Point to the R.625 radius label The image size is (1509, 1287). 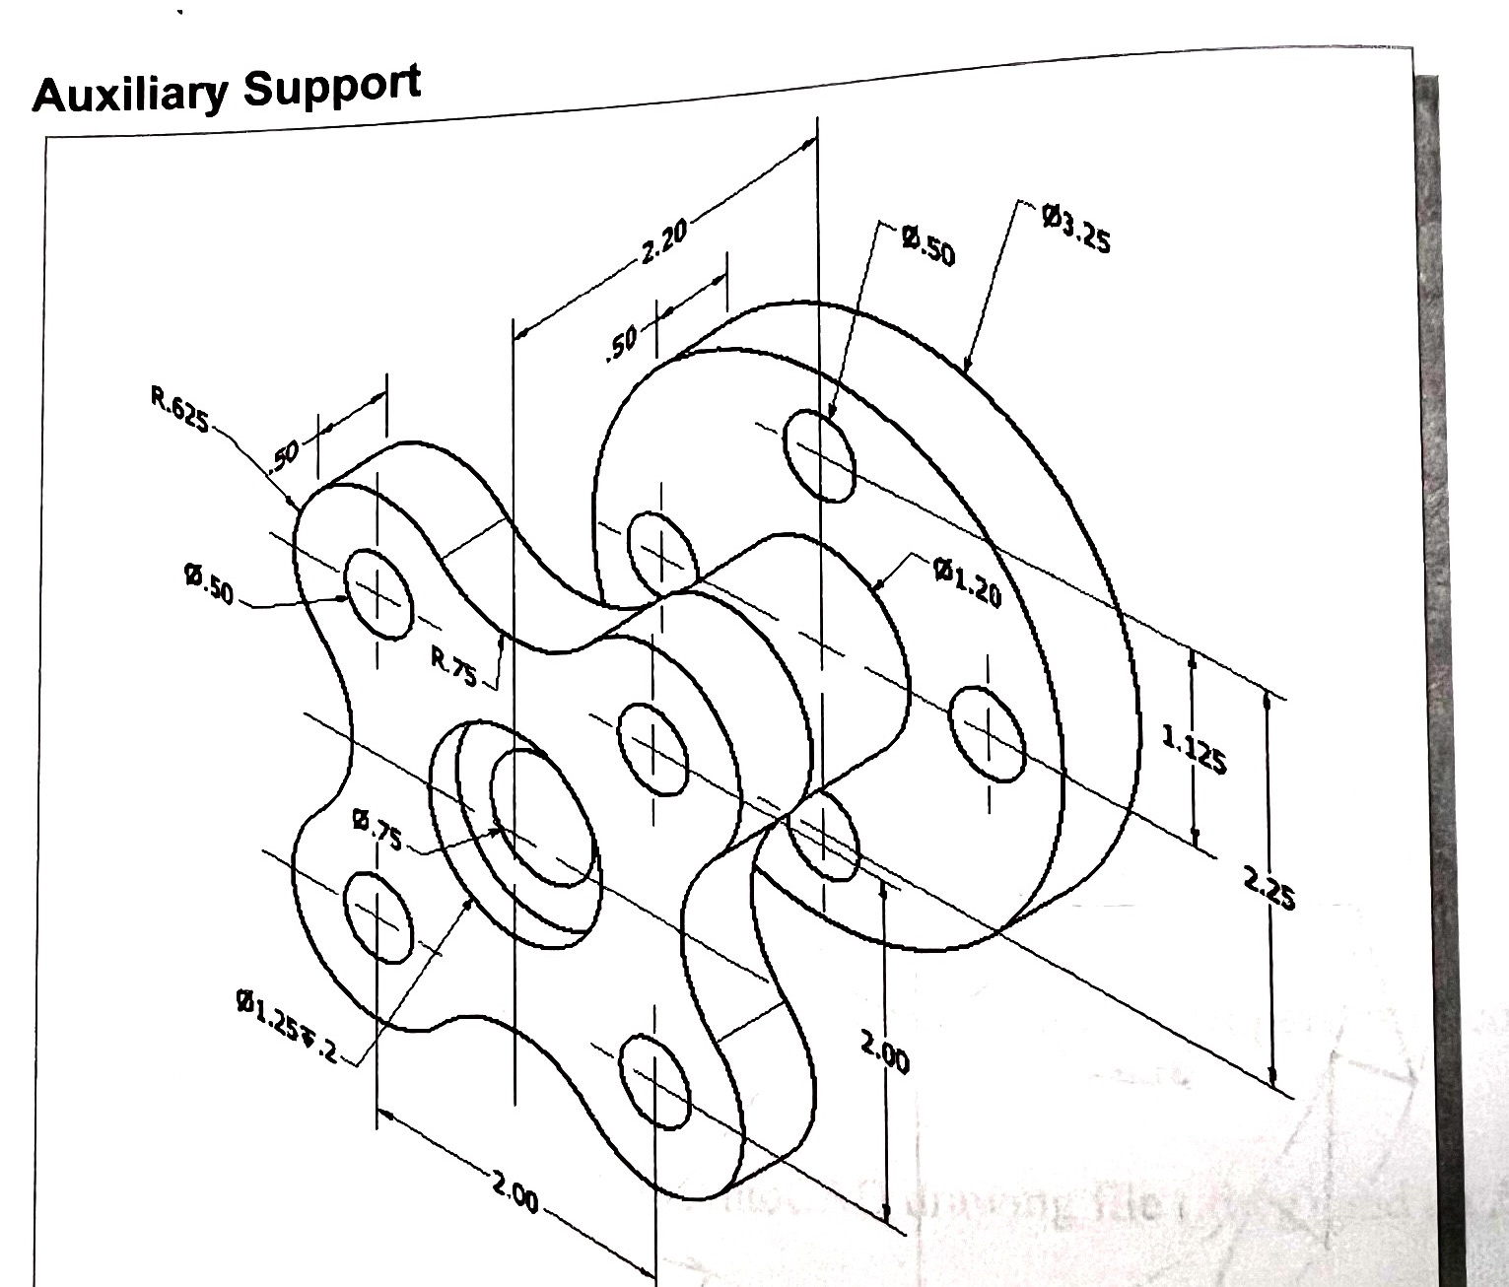click(180, 411)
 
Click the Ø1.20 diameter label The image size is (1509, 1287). click(968, 580)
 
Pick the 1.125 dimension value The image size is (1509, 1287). click(1194, 749)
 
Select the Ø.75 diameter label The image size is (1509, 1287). click(377, 829)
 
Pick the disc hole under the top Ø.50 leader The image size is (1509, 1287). click(819, 454)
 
